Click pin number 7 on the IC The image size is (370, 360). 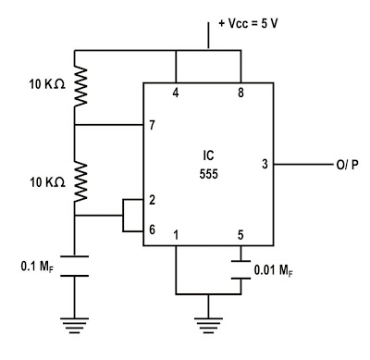pyautogui.click(x=150, y=125)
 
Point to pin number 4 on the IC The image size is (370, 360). pyautogui.click(x=175, y=93)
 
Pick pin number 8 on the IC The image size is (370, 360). pyautogui.click(x=240, y=93)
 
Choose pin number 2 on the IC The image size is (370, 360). pyautogui.click(x=150, y=201)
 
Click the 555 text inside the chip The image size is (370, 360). pyautogui.click(x=208, y=172)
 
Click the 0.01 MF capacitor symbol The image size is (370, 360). pyautogui.click(x=240, y=268)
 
